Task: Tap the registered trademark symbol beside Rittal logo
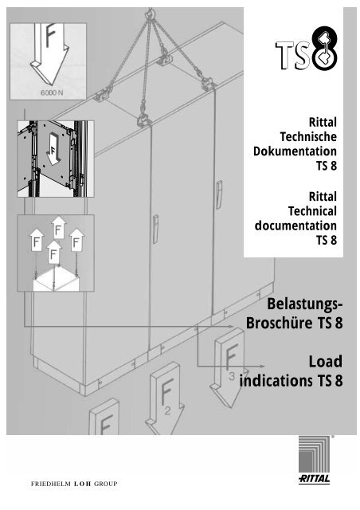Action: (x=334, y=437)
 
